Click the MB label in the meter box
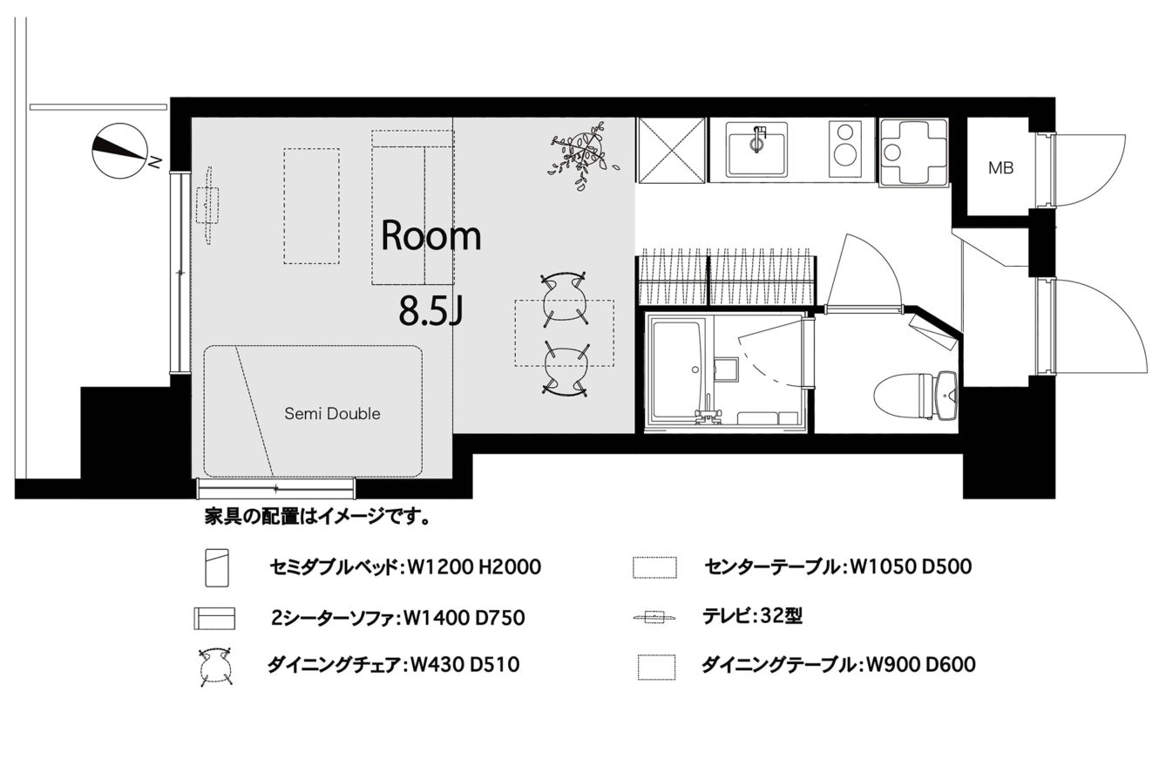point(1000,168)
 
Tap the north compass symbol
point(120,151)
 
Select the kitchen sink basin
point(756,148)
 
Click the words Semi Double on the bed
point(332,413)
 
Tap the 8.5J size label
point(430,311)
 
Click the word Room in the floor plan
point(430,236)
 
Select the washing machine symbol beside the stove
point(914,151)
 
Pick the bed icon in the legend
point(217,567)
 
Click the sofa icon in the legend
point(214,618)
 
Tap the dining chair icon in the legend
point(215,667)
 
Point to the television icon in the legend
point(655,617)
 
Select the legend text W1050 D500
point(911,566)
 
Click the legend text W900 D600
point(921,664)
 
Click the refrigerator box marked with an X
point(672,150)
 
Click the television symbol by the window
point(207,205)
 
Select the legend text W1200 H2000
point(474,567)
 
